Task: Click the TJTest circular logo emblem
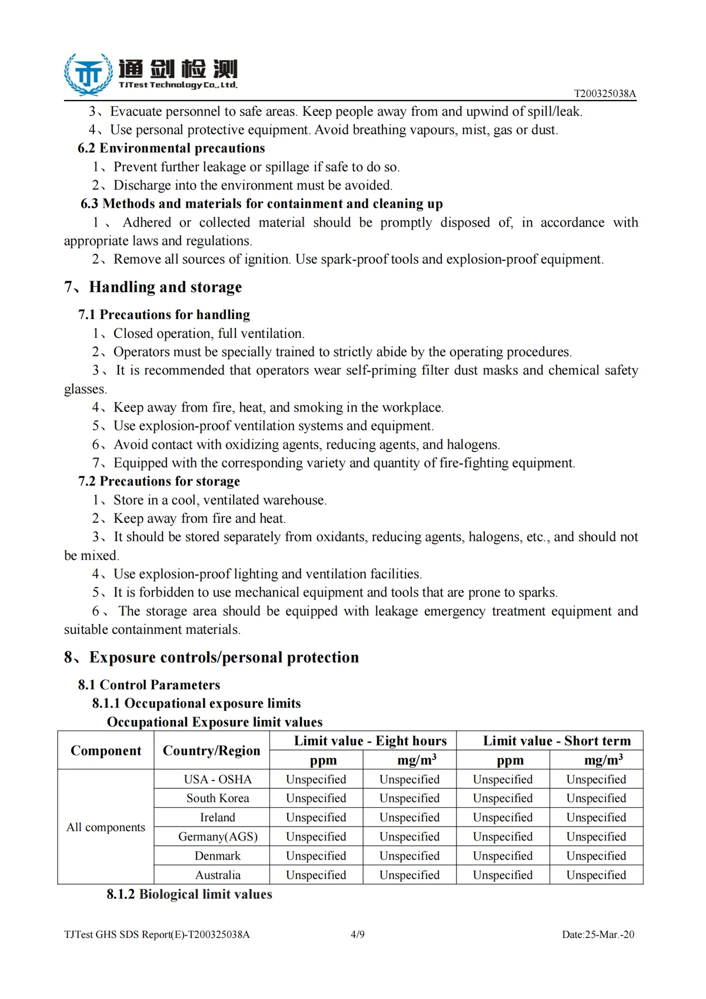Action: pyautogui.click(x=89, y=74)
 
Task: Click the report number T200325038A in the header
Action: pyautogui.click(x=605, y=94)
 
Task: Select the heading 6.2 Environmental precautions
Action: pyautogui.click(x=171, y=148)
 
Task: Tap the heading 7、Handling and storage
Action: pyautogui.click(x=153, y=287)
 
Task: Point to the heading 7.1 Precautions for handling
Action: pyautogui.click(x=164, y=315)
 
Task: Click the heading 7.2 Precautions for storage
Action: pyautogui.click(x=159, y=482)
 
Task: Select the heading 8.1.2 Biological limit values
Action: pyautogui.click(x=189, y=894)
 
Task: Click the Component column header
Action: pyautogui.click(x=106, y=751)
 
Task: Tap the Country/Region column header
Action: pyautogui.click(x=211, y=751)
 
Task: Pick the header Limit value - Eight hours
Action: pyautogui.click(x=370, y=741)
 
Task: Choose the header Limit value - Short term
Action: pyautogui.click(x=557, y=741)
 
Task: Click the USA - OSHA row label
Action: pyautogui.click(x=218, y=779)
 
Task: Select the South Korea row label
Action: pyautogui.click(x=218, y=798)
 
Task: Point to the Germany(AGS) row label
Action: pyautogui.click(x=218, y=837)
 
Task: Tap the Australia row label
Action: pyautogui.click(x=218, y=875)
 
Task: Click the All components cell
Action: pyautogui.click(x=106, y=827)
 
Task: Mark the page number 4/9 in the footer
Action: pyautogui.click(x=358, y=934)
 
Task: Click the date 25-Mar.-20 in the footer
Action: pyautogui.click(x=610, y=934)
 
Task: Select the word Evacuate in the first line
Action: pyautogui.click(x=136, y=112)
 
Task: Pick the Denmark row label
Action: pyautogui.click(x=218, y=856)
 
